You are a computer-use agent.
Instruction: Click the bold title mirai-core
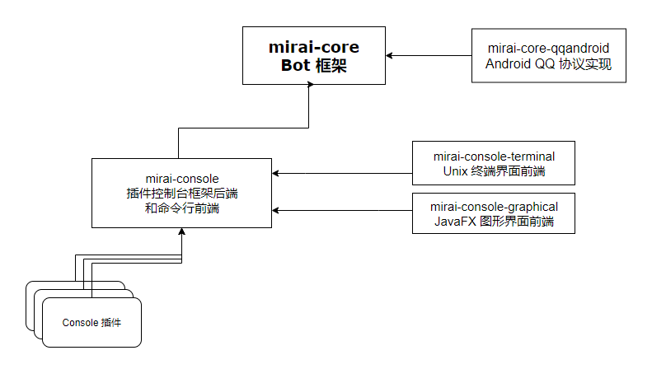tap(314, 46)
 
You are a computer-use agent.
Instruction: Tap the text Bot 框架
tap(314, 65)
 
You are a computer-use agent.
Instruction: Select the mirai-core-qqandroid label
tap(548, 48)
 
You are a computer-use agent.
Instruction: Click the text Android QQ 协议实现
tap(548, 64)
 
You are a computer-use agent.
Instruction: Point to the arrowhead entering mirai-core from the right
tap(391, 55)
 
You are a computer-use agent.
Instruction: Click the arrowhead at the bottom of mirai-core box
tap(310, 88)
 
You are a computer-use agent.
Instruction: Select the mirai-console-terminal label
tap(494, 156)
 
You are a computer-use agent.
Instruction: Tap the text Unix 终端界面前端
tap(494, 171)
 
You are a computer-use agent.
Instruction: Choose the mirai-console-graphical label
tap(494, 206)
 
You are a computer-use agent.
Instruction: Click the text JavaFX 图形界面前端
tap(494, 222)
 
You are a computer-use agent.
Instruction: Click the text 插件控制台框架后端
tap(182, 193)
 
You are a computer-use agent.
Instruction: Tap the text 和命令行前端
tap(182, 209)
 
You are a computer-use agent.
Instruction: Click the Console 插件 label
tap(91, 322)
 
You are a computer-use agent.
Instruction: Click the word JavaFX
tap(452, 222)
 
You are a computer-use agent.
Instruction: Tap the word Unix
tap(455, 171)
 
